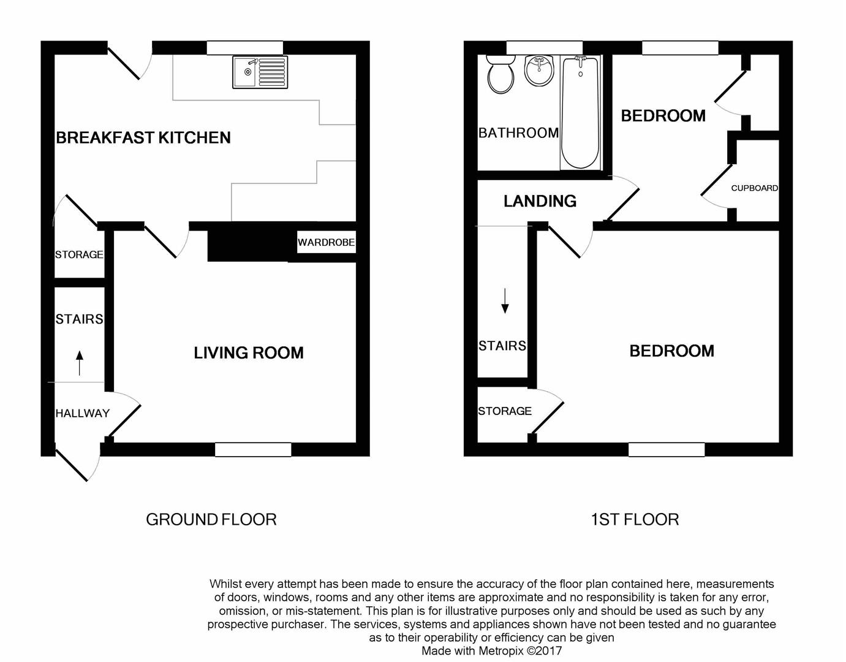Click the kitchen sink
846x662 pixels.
(x=260, y=72)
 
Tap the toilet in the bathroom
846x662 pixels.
(x=500, y=74)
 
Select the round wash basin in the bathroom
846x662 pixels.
(x=539, y=70)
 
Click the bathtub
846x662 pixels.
(x=581, y=113)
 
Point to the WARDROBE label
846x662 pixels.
(x=327, y=242)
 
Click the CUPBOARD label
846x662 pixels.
(x=755, y=188)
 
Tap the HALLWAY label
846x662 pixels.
(x=83, y=413)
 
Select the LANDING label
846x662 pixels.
(x=540, y=201)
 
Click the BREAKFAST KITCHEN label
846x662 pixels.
(x=143, y=137)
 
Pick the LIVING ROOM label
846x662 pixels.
(x=249, y=353)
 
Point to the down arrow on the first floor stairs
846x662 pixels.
(x=505, y=300)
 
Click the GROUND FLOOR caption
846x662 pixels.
(x=211, y=519)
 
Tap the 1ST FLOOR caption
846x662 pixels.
(x=635, y=519)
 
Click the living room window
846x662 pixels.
(x=253, y=449)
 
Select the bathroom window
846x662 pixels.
(x=544, y=48)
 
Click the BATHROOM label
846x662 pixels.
(x=519, y=133)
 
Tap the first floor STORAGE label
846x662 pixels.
(x=505, y=411)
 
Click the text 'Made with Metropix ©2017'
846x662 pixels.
(x=492, y=651)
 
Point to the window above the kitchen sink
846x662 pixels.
(x=245, y=48)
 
